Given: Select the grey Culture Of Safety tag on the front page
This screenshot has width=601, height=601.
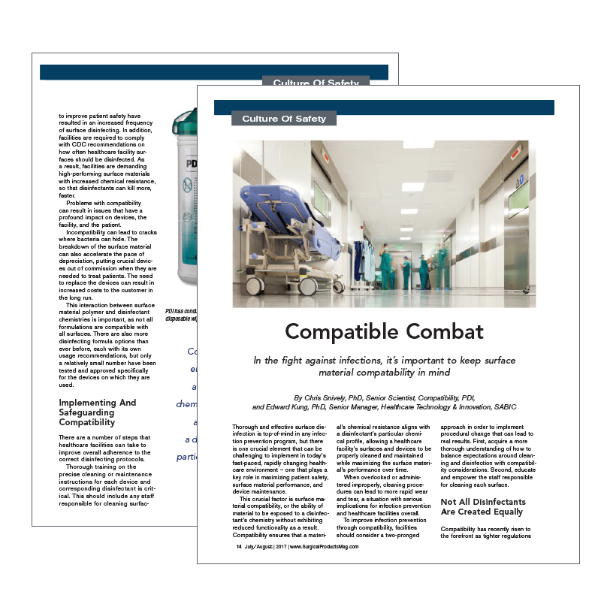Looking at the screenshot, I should pos(284,119).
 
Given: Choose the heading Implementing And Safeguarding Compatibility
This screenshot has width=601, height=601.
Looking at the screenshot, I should pos(98,412).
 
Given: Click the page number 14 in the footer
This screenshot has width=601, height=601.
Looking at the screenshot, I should pos(239,547).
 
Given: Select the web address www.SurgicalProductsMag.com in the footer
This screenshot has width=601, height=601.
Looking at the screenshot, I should pos(324,547).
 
